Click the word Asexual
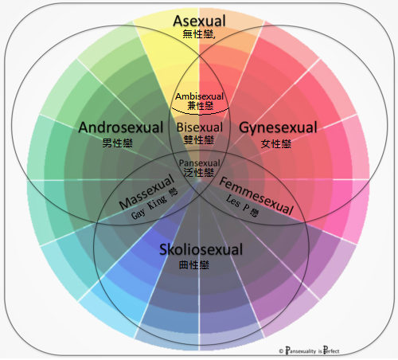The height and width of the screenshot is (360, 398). point(199,21)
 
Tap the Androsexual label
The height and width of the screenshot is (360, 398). point(121,127)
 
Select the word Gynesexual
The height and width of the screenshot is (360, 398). point(278,127)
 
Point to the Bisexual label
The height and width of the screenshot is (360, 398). point(200,127)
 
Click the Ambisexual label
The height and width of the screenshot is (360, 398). point(200,96)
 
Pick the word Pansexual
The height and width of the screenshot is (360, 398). point(200,162)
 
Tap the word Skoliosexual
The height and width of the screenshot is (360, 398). point(201,249)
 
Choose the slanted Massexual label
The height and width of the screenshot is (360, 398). point(146,192)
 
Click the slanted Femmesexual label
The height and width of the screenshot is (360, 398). point(256,196)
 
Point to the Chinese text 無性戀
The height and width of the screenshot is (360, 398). point(198,34)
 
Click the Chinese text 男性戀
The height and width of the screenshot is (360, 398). point(117,143)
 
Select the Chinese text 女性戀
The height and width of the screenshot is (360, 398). point(276,143)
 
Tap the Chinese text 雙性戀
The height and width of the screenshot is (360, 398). point(199,139)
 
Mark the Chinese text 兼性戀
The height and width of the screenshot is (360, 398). point(201,106)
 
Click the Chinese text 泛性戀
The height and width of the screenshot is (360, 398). point(199,173)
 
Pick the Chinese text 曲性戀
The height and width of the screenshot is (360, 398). point(194,264)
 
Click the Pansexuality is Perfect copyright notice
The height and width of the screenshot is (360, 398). point(309,350)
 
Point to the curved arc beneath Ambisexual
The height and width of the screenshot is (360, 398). point(200,114)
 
